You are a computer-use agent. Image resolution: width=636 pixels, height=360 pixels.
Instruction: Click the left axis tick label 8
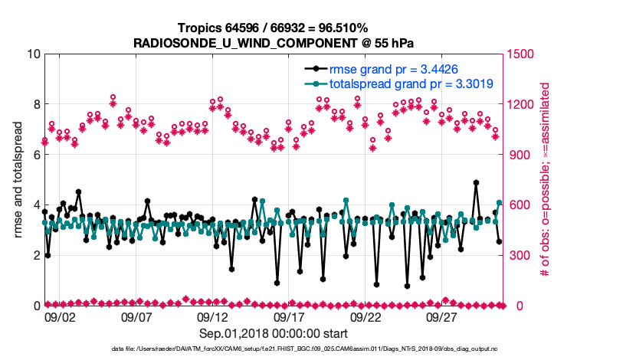click(x=33, y=104)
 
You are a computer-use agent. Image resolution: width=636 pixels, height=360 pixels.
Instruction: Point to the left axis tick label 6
click(x=33, y=155)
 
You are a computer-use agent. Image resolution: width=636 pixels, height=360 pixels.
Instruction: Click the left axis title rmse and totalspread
click(x=16, y=180)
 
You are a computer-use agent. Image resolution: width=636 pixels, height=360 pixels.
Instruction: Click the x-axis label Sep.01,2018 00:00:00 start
click(x=274, y=334)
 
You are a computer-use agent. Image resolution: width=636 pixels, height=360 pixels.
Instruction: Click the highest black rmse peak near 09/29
click(x=476, y=183)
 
